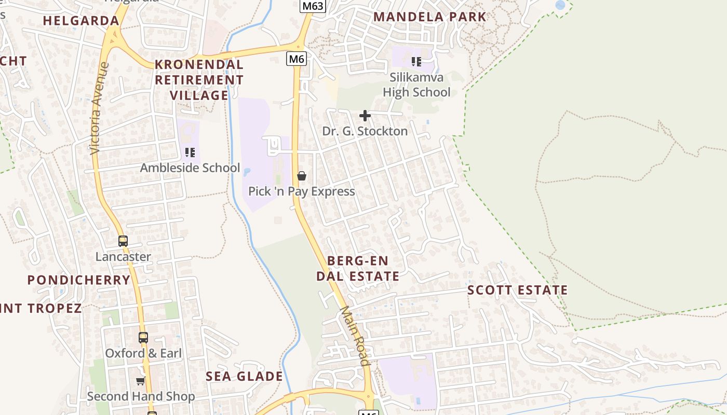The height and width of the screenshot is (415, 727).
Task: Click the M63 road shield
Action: [313, 6]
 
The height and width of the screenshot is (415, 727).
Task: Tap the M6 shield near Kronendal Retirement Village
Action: [296, 59]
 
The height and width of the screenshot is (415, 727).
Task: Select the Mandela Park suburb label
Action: [429, 17]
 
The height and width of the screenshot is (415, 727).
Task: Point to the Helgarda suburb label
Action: [81, 21]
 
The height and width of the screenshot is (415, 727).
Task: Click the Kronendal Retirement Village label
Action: [199, 80]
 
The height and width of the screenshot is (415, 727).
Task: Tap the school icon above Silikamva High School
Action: [416, 62]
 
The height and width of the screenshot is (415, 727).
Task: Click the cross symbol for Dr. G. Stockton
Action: [365, 116]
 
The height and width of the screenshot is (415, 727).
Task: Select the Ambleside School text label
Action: [190, 168]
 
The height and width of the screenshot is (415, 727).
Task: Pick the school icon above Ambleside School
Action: [190, 153]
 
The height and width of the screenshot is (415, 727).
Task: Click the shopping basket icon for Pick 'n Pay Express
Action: [301, 176]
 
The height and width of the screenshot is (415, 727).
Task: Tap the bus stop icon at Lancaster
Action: [123, 241]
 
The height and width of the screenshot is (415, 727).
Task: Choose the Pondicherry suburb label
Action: [79, 280]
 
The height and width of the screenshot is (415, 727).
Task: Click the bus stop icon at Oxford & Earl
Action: [143, 338]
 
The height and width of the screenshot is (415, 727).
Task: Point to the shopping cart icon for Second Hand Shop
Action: [140, 381]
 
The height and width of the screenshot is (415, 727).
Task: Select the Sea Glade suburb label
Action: [244, 376]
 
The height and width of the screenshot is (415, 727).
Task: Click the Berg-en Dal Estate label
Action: [358, 268]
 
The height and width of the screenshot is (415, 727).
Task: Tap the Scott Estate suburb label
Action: [517, 290]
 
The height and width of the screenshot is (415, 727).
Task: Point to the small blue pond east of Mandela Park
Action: [560, 5]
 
